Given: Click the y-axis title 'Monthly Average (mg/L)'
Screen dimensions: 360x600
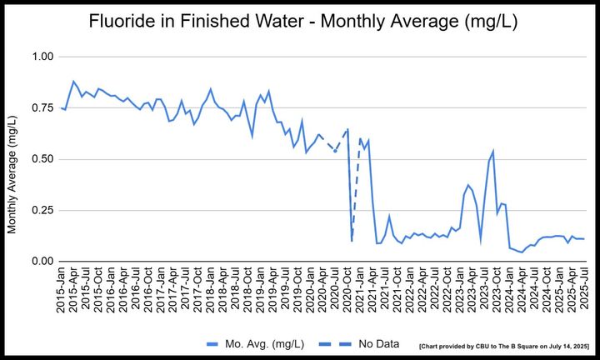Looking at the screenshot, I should click(x=12, y=158).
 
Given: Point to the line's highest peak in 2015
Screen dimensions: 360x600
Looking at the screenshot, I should click(x=73, y=82).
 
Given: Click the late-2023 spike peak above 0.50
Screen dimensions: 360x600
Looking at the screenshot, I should click(x=493, y=151).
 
